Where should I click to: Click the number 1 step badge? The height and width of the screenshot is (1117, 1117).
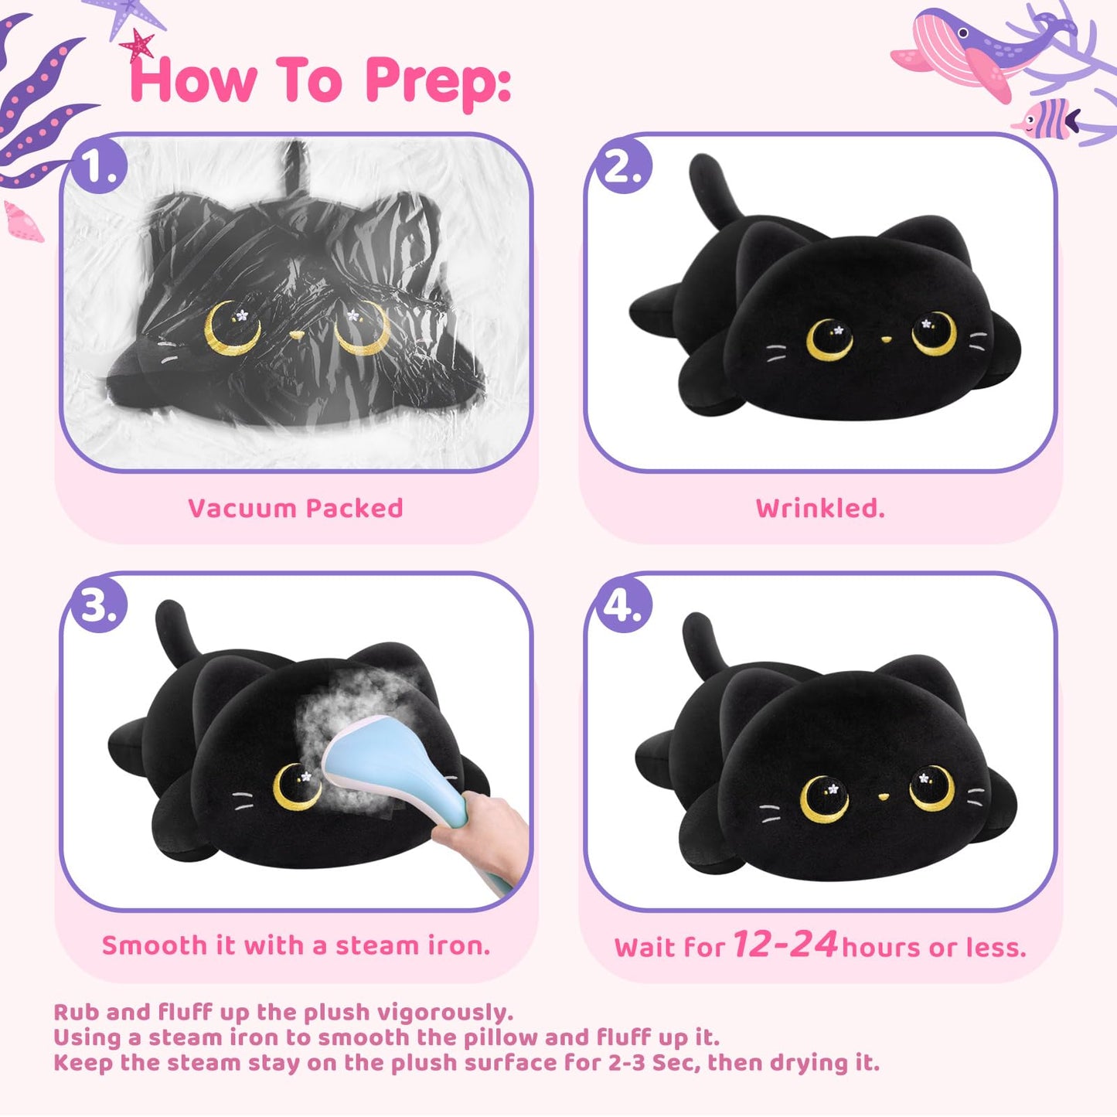tap(98, 167)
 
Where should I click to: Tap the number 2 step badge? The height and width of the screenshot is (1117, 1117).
tap(622, 167)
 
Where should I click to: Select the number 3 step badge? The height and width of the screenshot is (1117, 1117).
tap(98, 605)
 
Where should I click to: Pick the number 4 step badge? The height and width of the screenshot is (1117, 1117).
tap(622, 605)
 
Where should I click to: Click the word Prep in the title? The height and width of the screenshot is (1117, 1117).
tap(438, 82)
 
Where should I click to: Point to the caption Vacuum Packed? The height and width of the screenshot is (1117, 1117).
tap(295, 509)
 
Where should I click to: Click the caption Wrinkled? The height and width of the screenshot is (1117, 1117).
tap(820, 509)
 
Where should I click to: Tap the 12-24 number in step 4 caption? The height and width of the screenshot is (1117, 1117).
tap(785, 944)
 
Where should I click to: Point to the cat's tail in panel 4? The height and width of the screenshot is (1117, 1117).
tap(703, 642)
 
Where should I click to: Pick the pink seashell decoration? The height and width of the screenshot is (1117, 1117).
tap(24, 222)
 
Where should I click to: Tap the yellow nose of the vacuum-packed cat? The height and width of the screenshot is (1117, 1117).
tap(297, 335)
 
